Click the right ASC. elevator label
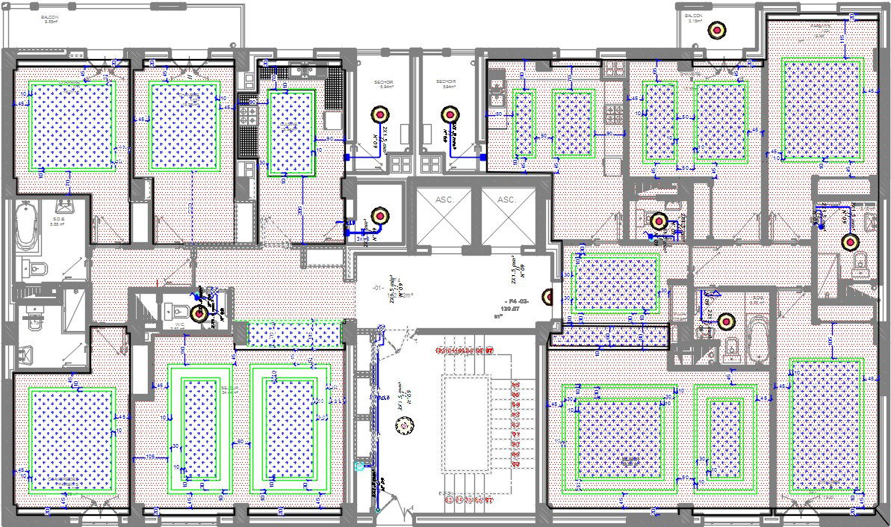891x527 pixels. point(507,200)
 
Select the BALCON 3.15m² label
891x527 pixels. point(695,18)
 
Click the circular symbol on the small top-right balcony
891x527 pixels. point(717,30)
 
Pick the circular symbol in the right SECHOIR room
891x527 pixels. point(449,114)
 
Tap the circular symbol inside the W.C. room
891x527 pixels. point(198,313)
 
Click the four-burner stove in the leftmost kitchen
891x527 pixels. point(247,115)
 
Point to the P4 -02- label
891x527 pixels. point(511,300)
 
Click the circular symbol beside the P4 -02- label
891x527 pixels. point(547,298)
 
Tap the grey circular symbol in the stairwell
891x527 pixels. point(404,424)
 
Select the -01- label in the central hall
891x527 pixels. point(378,287)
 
